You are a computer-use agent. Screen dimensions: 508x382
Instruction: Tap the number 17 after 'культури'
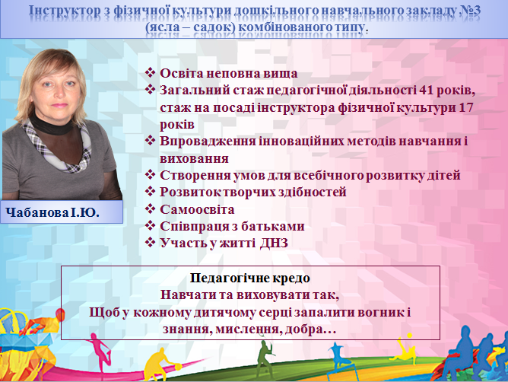(x=466, y=107)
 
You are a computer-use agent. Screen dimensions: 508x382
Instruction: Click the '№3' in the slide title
(x=470, y=10)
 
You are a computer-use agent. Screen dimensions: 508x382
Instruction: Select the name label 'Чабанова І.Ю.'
(x=52, y=212)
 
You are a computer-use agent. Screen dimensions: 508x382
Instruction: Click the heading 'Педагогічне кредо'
(x=249, y=278)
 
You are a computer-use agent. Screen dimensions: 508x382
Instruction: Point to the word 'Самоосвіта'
(x=197, y=209)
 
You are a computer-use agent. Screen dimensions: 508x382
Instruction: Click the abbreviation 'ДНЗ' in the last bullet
(x=274, y=243)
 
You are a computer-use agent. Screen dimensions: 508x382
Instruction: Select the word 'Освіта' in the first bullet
(x=182, y=73)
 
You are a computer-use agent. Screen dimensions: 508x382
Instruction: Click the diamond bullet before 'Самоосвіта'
(x=151, y=209)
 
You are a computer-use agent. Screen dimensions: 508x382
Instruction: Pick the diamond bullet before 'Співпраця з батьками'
(x=151, y=225)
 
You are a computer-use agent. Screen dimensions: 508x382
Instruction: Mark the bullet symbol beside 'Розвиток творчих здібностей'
(x=151, y=191)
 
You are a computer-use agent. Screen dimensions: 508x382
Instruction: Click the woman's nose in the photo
(x=58, y=93)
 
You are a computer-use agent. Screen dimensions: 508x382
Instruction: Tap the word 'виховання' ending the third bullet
(x=194, y=158)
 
